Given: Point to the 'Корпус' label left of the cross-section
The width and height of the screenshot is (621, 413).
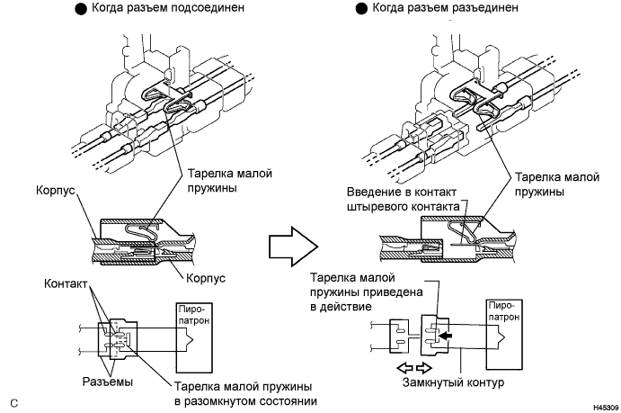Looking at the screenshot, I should pyautogui.click(x=57, y=193).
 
